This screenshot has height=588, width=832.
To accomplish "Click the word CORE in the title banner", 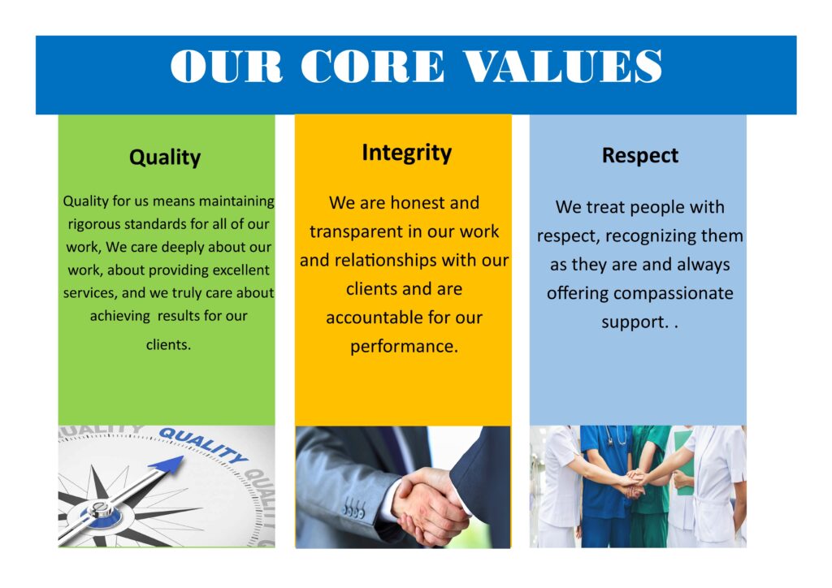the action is click(372, 67).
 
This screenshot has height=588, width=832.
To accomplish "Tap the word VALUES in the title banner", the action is click(562, 67).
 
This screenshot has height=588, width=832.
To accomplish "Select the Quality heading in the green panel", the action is click(165, 158).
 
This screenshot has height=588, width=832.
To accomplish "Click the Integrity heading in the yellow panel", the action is click(406, 153).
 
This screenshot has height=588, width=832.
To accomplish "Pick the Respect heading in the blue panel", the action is click(640, 155).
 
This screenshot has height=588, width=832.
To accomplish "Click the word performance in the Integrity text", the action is click(404, 347).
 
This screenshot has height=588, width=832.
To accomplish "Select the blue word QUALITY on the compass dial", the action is click(204, 445).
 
